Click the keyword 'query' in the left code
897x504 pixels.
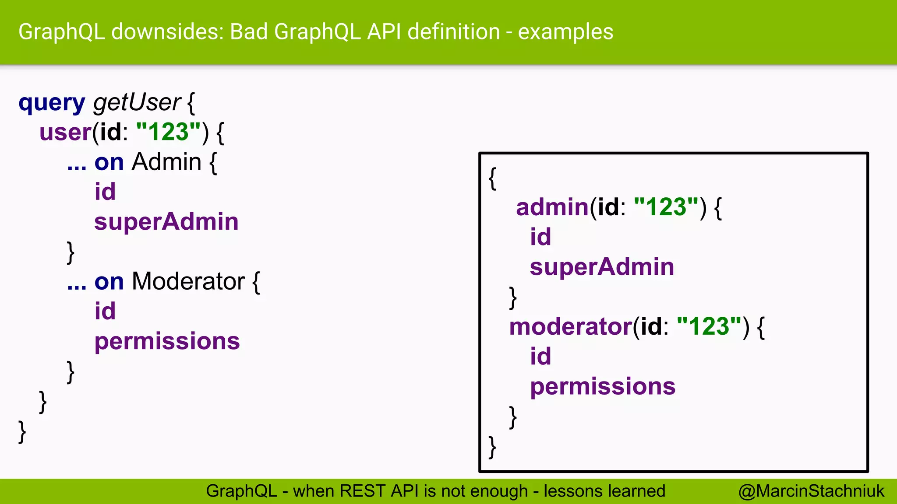pos(52,103)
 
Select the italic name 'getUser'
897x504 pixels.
pos(137,102)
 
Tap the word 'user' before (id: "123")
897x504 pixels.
pos(65,132)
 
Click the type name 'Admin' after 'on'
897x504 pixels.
pos(166,162)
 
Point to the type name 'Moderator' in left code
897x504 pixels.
pos(188,281)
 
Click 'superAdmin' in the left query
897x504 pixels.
pos(166,221)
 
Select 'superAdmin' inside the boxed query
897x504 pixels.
pos(602,267)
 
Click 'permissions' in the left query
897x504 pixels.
pos(167,341)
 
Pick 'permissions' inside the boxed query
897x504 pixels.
pos(603,387)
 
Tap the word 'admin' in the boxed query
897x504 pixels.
pos(552,207)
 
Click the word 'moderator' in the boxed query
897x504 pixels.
pos(570,327)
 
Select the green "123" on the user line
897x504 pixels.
pos(169,132)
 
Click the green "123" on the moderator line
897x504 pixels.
pos(709,327)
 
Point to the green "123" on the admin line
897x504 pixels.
pos(666,207)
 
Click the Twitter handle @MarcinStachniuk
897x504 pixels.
pos(811,491)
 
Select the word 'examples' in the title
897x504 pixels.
pos(565,32)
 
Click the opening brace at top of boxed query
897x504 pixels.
pos(493,178)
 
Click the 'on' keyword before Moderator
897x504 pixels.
pos(109,281)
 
